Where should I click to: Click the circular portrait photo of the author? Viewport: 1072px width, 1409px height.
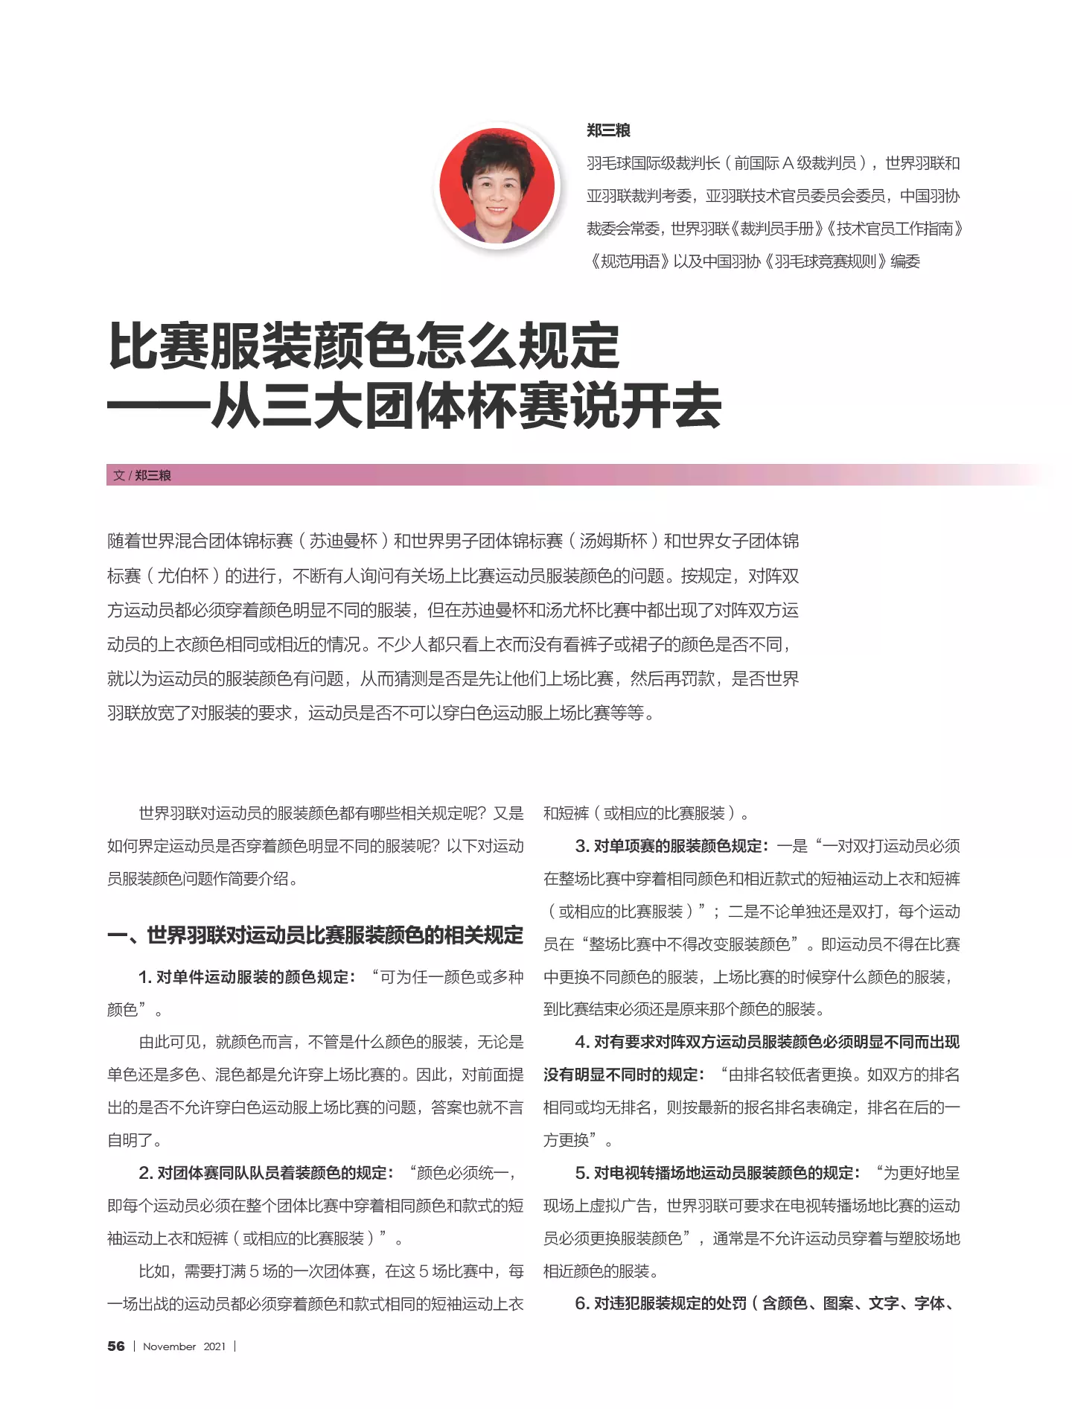(x=497, y=186)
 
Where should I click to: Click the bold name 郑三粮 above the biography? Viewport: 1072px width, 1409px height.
(x=608, y=130)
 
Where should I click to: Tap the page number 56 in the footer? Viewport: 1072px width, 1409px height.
(x=116, y=1346)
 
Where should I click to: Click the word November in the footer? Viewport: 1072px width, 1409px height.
(x=169, y=1346)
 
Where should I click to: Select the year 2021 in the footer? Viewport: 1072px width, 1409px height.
(x=214, y=1346)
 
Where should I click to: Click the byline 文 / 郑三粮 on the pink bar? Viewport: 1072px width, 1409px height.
(x=142, y=475)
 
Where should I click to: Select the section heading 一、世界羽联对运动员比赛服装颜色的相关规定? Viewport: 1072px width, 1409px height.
(x=315, y=935)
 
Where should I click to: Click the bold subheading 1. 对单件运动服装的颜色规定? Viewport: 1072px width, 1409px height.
(x=246, y=977)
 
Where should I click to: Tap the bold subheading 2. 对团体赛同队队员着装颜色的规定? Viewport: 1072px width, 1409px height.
(x=264, y=1173)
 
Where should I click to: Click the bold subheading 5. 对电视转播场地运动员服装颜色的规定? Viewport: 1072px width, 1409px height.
(x=717, y=1173)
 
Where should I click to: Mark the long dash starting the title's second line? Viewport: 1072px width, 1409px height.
(x=158, y=407)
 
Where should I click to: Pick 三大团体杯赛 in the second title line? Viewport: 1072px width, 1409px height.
(x=416, y=407)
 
